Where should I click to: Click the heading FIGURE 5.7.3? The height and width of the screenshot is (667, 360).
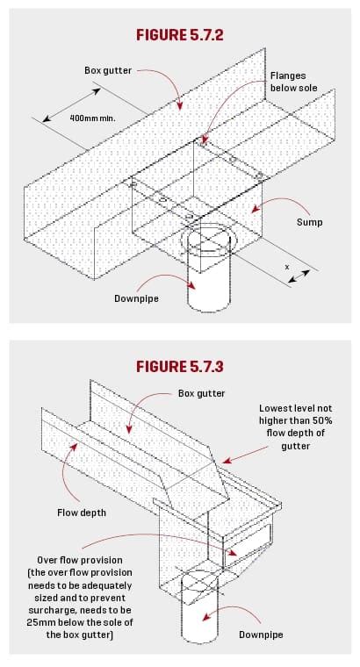tap(180, 365)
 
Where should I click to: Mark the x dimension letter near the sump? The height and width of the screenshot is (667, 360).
tap(286, 265)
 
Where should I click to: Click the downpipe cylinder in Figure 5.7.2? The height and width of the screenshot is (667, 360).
tap(209, 281)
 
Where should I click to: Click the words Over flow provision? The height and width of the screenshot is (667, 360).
tap(85, 559)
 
